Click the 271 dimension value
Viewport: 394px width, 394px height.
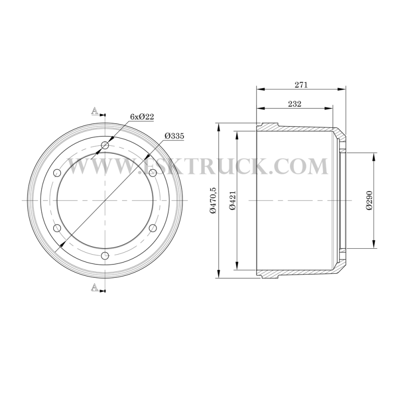pos(301,85)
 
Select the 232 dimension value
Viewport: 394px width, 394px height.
pos(295,104)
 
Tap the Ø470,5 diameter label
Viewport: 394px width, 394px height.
pos(213,200)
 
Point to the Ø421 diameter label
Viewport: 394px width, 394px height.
pos(233,200)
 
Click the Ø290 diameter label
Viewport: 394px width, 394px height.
pos(369,200)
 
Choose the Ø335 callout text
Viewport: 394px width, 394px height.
pos(174,136)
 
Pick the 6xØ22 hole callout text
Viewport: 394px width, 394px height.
pos(142,117)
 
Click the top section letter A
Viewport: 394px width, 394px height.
pos(95,111)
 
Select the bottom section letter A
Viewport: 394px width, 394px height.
pos(95,287)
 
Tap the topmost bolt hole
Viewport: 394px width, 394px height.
pos(105,145)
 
